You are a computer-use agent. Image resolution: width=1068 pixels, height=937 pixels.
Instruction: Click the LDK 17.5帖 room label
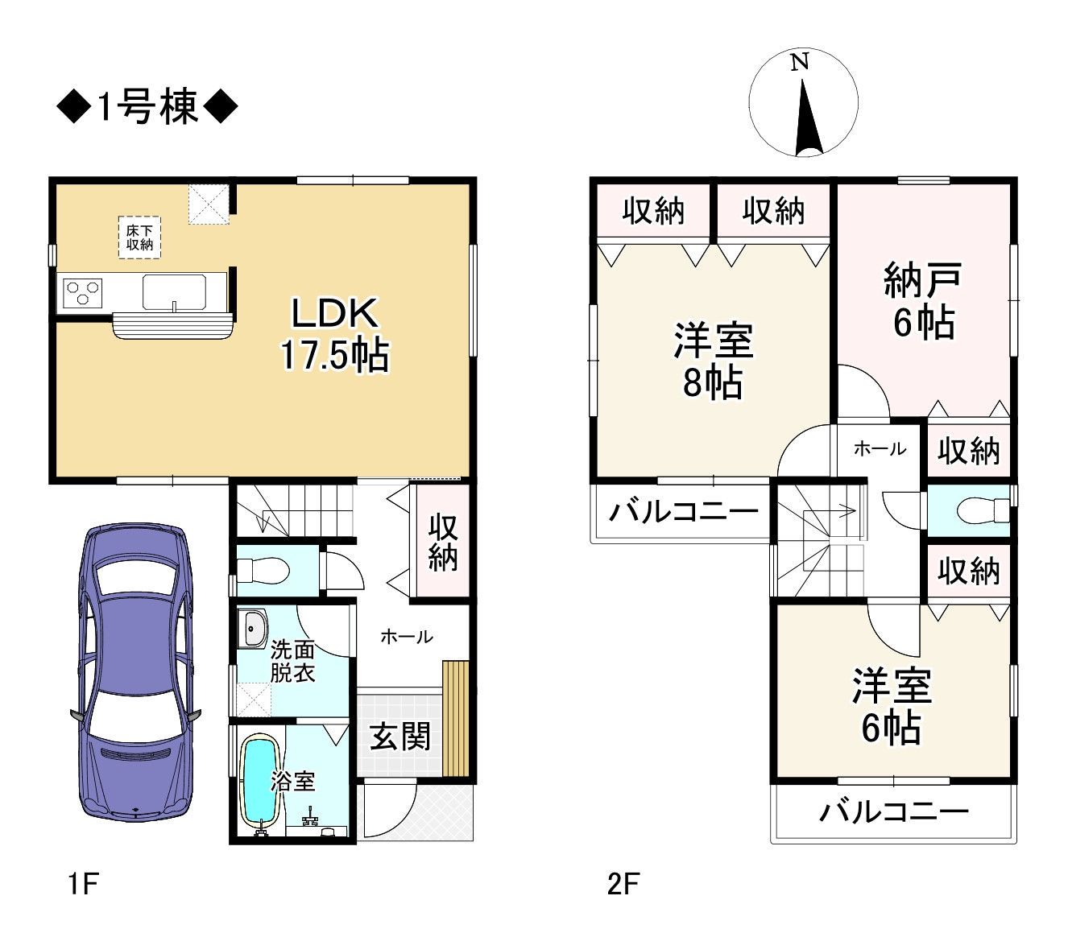point(334,334)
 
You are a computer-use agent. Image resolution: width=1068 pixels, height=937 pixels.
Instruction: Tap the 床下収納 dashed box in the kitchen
point(139,237)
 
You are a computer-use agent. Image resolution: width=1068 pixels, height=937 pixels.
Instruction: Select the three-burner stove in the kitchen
point(83,293)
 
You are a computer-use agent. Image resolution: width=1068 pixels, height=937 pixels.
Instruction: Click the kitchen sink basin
point(174,291)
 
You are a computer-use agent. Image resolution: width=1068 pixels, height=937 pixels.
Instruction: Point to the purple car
point(135,672)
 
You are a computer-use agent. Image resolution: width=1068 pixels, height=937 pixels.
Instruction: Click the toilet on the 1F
point(264,571)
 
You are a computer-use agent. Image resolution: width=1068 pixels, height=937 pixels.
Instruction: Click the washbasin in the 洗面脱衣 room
point(254,628)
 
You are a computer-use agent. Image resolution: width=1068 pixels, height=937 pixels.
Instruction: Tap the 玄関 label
point(400,736)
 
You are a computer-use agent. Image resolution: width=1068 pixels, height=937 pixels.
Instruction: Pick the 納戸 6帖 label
point(923,301)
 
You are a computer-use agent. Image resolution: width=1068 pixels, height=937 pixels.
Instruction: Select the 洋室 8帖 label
point(714,361)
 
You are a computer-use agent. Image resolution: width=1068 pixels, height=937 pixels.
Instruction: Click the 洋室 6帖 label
point(892,707)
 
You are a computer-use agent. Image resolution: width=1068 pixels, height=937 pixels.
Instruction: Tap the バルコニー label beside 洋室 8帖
point(683,511)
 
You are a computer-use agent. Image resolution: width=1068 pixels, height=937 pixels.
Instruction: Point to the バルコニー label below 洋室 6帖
point(894,811)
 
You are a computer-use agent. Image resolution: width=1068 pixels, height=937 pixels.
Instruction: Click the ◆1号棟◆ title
point(147,106)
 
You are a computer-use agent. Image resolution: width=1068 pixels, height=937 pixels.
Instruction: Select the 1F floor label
point(83,884)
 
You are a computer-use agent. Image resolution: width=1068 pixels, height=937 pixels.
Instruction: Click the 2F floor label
point(623,884)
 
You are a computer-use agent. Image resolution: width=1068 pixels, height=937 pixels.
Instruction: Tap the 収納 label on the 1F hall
point(442,542)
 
